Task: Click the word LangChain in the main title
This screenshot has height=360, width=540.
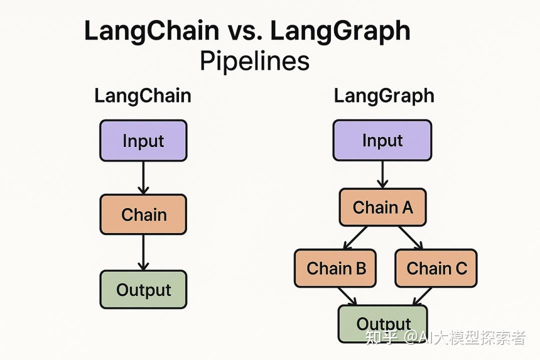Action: click(x=151, y=31)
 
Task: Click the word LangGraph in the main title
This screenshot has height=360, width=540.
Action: click(x=340, y=31)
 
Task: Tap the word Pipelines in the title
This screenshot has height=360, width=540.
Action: click(x=254, y=62)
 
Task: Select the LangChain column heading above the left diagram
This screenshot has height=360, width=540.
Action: click(x=142, y=95)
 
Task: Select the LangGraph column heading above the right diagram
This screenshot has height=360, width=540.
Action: click(x=383, y=95)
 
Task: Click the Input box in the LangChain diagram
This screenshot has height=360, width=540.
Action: click(x=143, y=140)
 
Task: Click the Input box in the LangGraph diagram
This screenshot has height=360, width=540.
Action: click(x=382, y=140)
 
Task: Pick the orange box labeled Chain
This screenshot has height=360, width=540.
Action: click(x=143, y=214)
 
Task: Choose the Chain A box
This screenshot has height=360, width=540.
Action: click(x=382, y=207)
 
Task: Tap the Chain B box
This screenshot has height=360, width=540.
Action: click(x=335, y=268)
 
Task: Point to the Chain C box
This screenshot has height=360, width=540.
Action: click(x=436, y=268)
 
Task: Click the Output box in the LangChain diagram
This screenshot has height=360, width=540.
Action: click(x=143, y=289)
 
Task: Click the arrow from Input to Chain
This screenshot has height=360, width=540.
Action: click(x=143, y=177)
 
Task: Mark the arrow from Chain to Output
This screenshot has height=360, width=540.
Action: click(x=143, y=252)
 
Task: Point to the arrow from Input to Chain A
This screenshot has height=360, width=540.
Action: click(x=382, y=174)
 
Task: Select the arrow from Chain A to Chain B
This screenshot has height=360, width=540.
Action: click(x=355, y=237)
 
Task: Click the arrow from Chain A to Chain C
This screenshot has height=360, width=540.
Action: click(x=410, y=237)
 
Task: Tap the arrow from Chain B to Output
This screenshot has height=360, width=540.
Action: click(x=347, y=295)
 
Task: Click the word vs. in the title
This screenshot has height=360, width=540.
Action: click(x=244, y=31)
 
